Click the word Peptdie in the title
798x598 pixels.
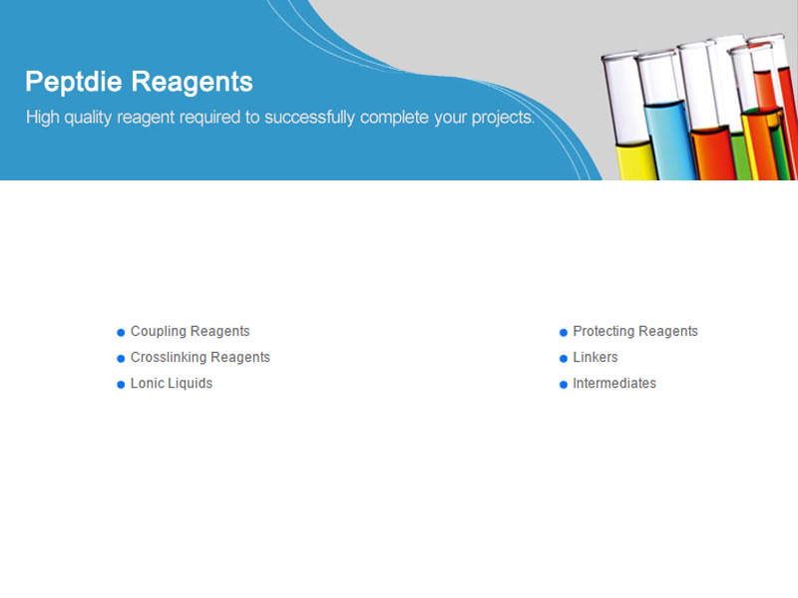click(x=74, y=82)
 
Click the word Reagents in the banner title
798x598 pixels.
click(x=193, y=83)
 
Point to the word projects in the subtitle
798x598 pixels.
click(x=502, y=118)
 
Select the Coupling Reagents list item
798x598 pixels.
click(x=190, y=332)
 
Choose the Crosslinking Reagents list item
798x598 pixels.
click(x=200, y=358)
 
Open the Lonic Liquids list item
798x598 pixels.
click(x=172, y=384)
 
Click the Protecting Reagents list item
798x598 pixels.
click(x=635, y=332)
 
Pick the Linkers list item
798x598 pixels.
click(x=596, y=358)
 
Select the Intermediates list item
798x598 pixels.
click(x=614, y=384)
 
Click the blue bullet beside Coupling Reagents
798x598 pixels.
click(x=121, y=333)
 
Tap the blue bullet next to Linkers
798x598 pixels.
click(x=564, y=359)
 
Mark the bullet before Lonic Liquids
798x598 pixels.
click(x=121, y=385)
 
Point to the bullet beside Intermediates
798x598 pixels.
click(x=564, y=385)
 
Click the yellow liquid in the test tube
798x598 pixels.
click(x=635, y=161)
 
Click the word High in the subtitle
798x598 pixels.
click(x=43, y=118)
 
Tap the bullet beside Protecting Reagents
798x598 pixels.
click(x=564, y=333)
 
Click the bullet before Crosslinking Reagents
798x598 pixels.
click(x=121, y=359)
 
